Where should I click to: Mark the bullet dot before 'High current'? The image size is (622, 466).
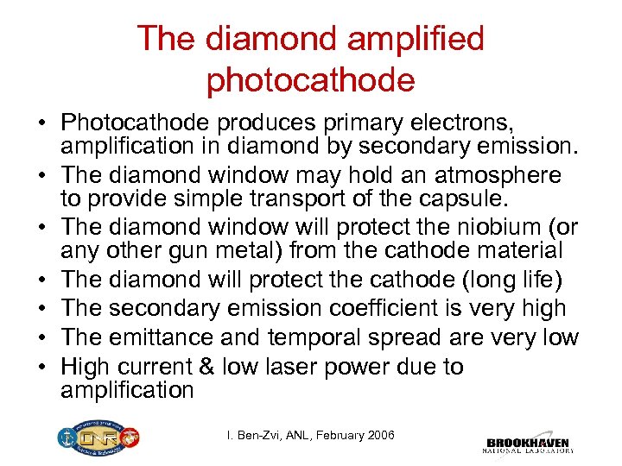[x=42, y=367]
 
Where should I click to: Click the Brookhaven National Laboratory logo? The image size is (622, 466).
[x=527, y=440]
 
